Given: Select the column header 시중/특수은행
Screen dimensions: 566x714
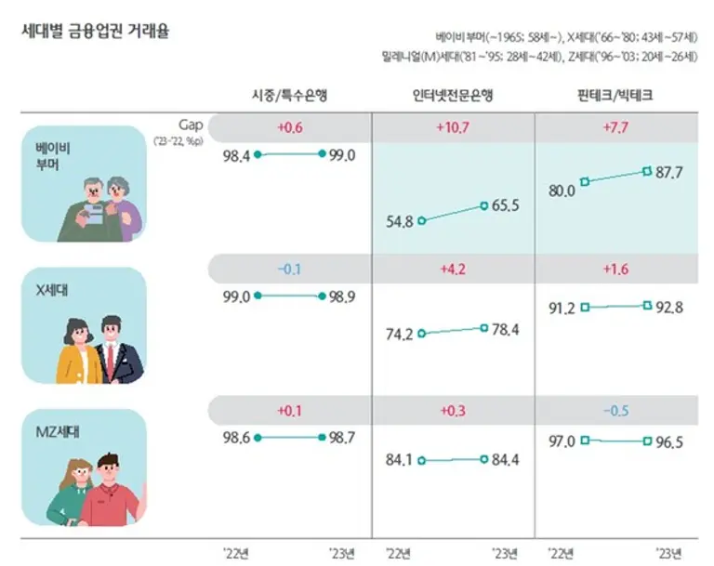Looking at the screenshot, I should coord(289,96).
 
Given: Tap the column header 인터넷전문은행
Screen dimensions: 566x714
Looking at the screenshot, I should coord(453,96).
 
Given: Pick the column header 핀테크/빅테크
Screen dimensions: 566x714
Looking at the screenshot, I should coord(615,96).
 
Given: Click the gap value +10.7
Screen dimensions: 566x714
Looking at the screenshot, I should coord(453,128).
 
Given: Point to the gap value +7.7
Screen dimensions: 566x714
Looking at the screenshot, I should coord(615,128).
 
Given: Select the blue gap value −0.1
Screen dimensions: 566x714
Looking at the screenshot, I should coord(289,269).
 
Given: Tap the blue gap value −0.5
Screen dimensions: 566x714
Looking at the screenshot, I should coord(615,411).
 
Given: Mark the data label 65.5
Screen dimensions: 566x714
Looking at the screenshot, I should coord(508,205).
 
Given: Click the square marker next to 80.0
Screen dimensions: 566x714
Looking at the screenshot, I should coord(585,182).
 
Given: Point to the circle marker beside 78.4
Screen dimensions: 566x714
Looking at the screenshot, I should coord(484,327).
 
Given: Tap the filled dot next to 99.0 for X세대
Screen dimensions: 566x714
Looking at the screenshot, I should coord(257,296).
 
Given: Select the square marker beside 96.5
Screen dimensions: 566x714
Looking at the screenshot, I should coord(646,441).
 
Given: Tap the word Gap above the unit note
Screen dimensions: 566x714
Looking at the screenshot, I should coord(190,124).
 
